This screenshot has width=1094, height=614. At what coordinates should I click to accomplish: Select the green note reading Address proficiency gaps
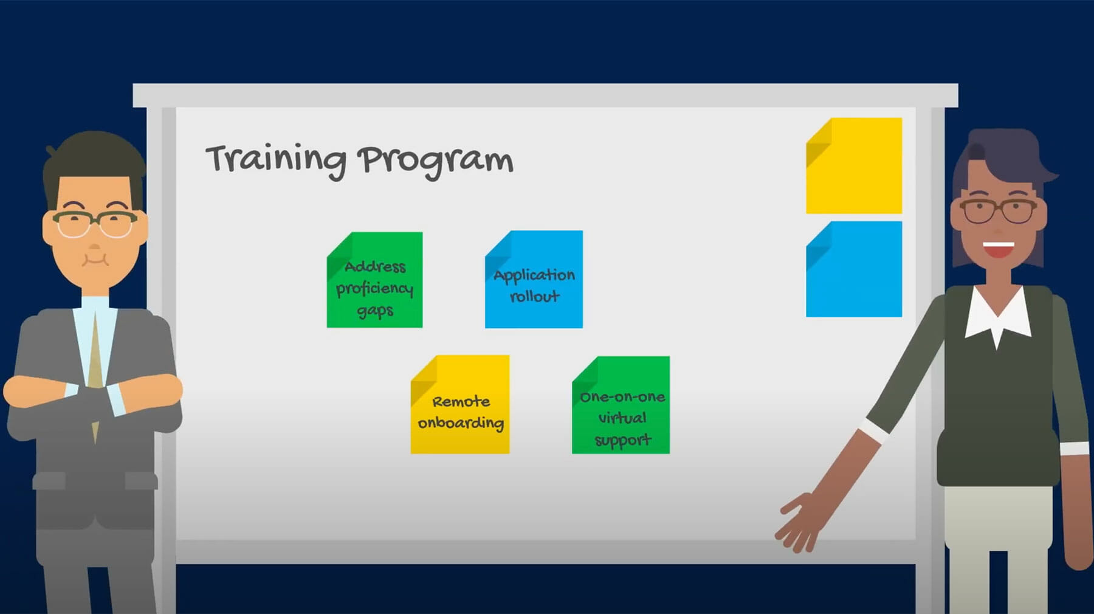tap(374, 280)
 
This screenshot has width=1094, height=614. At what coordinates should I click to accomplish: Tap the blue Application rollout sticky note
tap(534, 279)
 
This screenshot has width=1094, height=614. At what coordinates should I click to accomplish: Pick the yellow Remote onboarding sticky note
tap(460, 404)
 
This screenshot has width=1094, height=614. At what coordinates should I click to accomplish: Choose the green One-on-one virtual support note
tap(621, 405)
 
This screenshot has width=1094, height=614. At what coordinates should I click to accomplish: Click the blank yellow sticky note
tap(854, 166)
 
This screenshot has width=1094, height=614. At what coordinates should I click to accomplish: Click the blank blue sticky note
tap(854, 269)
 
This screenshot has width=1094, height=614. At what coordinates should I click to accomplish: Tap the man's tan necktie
tap(95, 377)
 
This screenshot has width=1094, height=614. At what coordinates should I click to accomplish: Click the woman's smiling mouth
tap(998, 249)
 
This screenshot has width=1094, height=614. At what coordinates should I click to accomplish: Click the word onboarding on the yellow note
tap(461, 423)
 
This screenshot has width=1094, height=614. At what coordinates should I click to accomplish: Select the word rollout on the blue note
tap(534, 296)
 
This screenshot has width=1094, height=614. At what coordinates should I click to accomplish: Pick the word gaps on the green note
tap(375, 311)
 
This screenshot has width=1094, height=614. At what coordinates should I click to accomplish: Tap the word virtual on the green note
tap(622, 418)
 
